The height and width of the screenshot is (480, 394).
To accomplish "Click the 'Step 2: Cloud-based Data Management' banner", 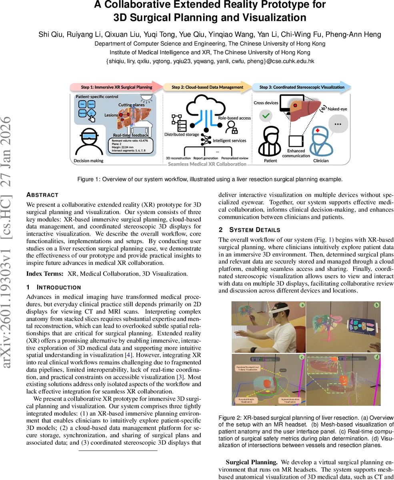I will pos(207,87).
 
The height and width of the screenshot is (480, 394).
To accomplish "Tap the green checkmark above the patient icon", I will pos(266,116).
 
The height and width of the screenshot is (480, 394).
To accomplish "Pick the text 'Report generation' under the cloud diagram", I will pos(205,158).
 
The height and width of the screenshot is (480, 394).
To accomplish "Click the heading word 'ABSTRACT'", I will pos(42,195).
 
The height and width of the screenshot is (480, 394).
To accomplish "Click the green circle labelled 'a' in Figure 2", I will pos(302,305).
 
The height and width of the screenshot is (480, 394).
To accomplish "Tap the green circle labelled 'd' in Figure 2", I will pos(376,357).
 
